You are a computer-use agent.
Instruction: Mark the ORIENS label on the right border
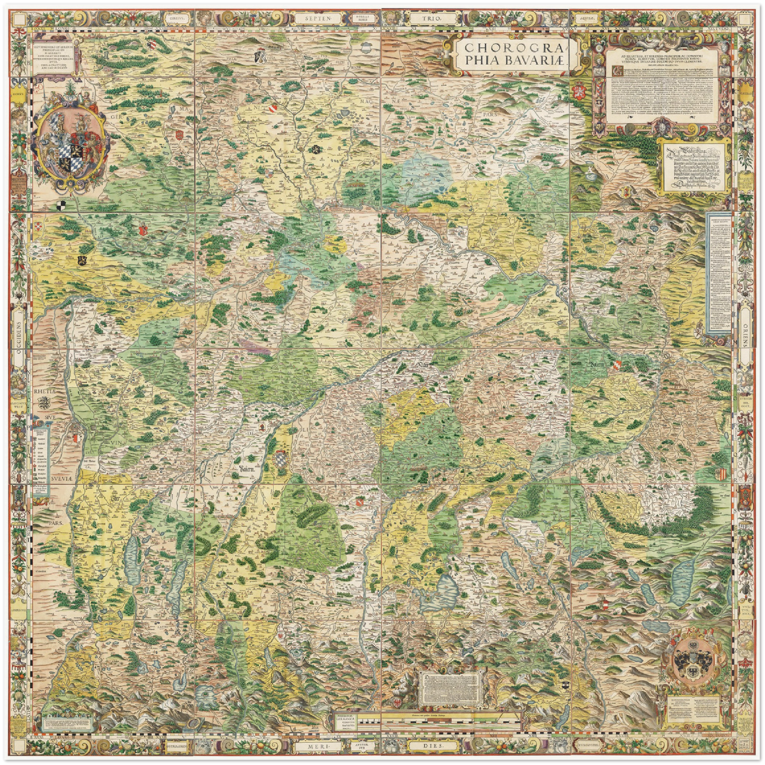[x=746, y=339]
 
